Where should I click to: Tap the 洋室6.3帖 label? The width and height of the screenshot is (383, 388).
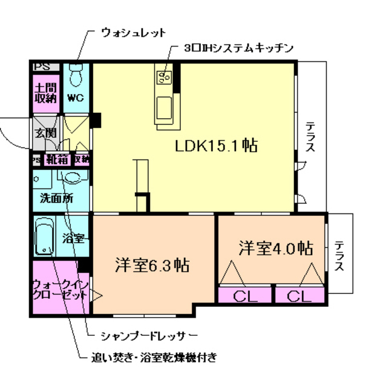[151, 265]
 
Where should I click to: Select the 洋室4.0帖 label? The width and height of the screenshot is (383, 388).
[275, 248]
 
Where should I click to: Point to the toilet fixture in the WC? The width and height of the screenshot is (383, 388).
[76, 75]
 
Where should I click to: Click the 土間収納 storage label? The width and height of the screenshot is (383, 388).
[45, 92]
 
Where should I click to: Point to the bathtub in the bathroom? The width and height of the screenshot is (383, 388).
[45, 237]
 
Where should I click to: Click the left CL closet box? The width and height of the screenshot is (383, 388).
[243, 296]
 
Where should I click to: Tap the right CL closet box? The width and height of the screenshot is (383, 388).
[300, 296]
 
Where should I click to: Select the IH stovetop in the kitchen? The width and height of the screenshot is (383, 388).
[164, 76]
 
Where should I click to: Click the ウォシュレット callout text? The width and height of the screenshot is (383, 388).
[133, 32]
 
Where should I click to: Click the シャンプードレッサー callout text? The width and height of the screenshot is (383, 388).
[149, 335]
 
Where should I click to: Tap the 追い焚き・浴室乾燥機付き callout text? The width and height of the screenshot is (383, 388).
[154, 356]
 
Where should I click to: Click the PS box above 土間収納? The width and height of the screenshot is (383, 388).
[43, 67]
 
